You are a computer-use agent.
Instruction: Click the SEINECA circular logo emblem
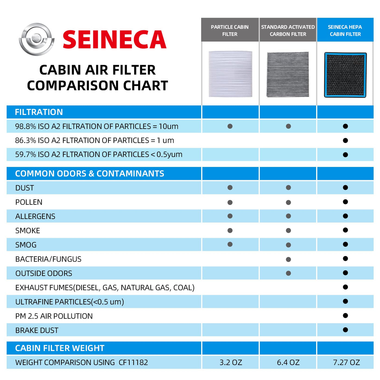pos(36,39)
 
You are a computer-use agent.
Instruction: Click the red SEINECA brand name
pos(114,40)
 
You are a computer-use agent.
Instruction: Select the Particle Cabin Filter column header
pos(230,30)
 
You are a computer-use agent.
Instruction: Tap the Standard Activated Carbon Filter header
pos(288,30)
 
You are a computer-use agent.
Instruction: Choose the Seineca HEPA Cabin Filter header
pos(345,30)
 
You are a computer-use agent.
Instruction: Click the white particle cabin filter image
pos(230,74)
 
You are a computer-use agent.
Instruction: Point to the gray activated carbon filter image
pos(288,74)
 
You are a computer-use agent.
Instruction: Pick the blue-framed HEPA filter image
pos(345,75)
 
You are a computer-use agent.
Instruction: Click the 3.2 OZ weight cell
pos(231,362)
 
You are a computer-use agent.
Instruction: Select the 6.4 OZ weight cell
pos(288,362)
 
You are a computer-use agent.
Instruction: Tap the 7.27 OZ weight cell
pos(346,362)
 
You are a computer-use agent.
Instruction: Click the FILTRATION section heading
pos(39,112)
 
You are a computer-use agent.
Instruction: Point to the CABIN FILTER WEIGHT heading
pos(60,348)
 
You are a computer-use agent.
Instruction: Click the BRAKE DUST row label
pos(37,330)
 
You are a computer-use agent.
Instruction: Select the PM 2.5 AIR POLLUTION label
pos(54,316)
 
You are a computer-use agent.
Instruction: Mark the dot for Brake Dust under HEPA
pos(345,330)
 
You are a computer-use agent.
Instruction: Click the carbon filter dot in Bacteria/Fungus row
pos(288,259)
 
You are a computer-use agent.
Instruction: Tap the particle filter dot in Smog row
pos(230,244)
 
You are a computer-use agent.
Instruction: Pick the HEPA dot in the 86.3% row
pos(345,140)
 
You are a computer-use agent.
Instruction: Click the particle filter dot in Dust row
pos(230,188)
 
